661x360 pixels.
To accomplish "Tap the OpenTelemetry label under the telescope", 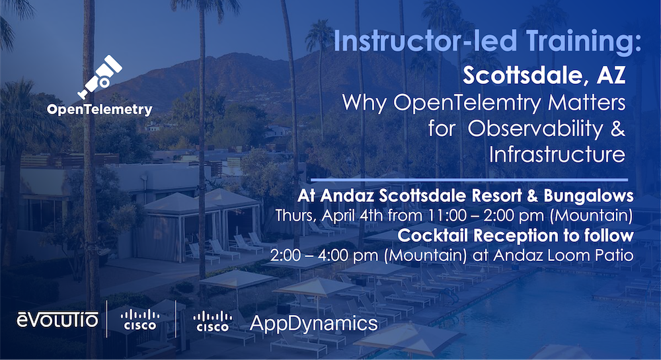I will pos(99,109).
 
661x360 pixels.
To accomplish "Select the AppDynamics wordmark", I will pos(313,323).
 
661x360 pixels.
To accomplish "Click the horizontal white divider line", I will pos(468,179).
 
